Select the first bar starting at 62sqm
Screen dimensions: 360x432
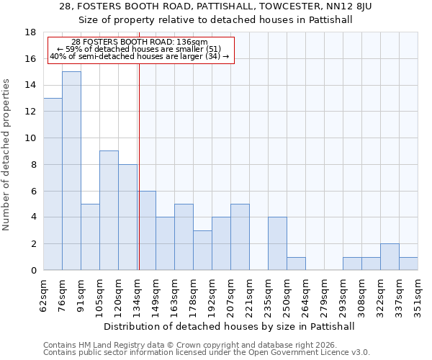coord(53,184)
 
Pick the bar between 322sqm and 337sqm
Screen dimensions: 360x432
coord(390,257)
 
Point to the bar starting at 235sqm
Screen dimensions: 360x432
coord(277,243)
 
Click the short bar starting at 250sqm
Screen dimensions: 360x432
coord(296,264)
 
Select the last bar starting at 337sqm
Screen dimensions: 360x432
coord(408,264)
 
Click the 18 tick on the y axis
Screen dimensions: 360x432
coord(31,32)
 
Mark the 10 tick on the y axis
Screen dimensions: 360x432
coord(31,138)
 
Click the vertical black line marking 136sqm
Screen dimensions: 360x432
coord(138,166)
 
